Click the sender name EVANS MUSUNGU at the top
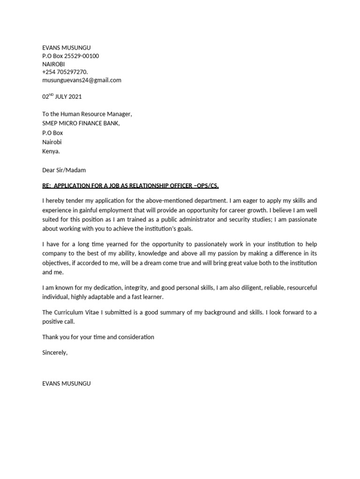pyautogui.click(x=66, y=48)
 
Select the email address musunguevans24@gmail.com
pyautogui.click(x=82, y=80)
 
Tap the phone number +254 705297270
pyautogui.click(x=65, y=72)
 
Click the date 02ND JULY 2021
pyautogui.click(x=62, y=97)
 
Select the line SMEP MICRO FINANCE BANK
pyautogui.click(x=81, y=123)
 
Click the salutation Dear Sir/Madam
pyautogui.click(x=64, y=170)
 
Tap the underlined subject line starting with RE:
pyautogui.click(x=130, y=186)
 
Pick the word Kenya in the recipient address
pyautogui.click(x=51, y=152)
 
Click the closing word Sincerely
pyautogui.click(x=54, y=353)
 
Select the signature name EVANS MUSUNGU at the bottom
pyautogui.click(x=66, y=383)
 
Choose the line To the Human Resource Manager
pyautogui.click(x=87, y=114)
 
